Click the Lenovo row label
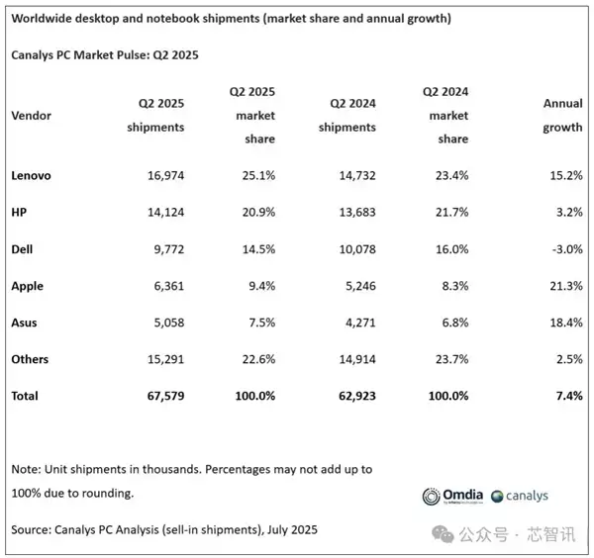31,175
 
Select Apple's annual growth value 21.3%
561,285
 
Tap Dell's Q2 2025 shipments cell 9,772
164,248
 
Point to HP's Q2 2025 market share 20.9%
254,212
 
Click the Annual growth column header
560,115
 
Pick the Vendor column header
31,115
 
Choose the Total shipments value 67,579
161,396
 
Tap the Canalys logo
526,496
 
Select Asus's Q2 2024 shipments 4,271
356,322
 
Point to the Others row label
30,359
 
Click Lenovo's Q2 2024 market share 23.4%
447,175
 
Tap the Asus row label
25,322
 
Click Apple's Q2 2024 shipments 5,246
356,285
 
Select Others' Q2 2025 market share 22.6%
254,359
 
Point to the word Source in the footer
32,531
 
